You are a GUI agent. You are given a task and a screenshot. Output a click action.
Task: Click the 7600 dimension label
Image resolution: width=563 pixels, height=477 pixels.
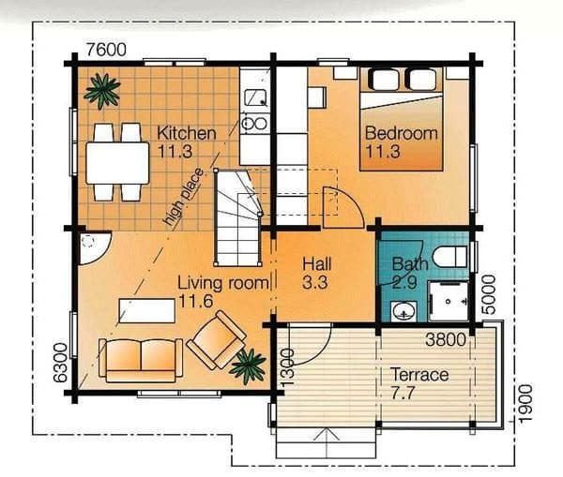coord(106,50)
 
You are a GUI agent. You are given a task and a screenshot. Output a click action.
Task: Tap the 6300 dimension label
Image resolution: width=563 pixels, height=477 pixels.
coord(60,363)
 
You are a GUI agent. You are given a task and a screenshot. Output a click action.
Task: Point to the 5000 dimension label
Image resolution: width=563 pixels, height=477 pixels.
coord(488,294)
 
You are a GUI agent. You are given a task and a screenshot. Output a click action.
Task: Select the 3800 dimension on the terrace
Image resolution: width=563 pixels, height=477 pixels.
coord(446,339)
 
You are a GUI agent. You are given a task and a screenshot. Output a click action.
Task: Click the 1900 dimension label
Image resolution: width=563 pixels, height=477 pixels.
coord(525,404)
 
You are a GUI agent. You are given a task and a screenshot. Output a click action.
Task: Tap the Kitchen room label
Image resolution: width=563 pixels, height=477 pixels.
coord(187,133)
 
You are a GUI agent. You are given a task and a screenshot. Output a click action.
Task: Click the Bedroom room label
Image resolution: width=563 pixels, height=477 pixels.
coord(401,133)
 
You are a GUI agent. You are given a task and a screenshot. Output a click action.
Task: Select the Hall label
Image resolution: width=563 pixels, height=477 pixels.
coord(317,264)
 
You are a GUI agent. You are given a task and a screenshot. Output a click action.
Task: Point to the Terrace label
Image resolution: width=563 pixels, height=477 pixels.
coord(419,375)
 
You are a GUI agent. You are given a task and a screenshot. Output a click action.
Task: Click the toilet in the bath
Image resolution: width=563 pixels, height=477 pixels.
coord(450,257)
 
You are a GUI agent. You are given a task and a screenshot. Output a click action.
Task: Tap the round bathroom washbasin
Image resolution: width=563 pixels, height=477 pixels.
coord(404,311)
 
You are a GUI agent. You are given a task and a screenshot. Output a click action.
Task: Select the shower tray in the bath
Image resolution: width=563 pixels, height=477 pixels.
coord(449,301)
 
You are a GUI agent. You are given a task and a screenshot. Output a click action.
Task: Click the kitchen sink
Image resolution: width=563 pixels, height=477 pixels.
coord(255,97)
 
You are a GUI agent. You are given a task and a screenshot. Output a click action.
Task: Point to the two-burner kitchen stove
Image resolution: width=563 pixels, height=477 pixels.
coord(254,123)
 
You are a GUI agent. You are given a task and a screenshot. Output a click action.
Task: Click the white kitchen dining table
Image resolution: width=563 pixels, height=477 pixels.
coord(117,163)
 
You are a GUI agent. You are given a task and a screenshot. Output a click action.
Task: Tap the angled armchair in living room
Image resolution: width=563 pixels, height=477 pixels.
coord(216,339)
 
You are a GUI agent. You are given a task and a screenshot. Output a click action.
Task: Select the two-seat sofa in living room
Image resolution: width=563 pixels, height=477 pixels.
coord(141,360)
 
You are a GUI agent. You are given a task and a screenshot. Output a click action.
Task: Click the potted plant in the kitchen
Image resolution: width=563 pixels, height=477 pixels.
coord(102,90)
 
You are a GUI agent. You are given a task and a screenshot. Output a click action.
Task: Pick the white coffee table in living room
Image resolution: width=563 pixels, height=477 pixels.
coord(147,310)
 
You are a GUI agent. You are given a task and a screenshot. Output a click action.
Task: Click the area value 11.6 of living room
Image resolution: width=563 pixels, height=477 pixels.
coord(195,301)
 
